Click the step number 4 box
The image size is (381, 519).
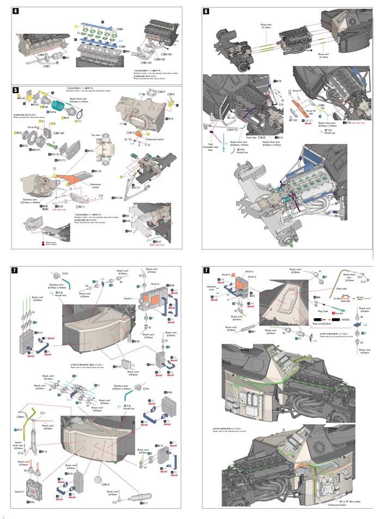[x=16, y=12]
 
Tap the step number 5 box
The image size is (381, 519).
[x=16, y=89]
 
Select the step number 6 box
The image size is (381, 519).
[x=206, y=12]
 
